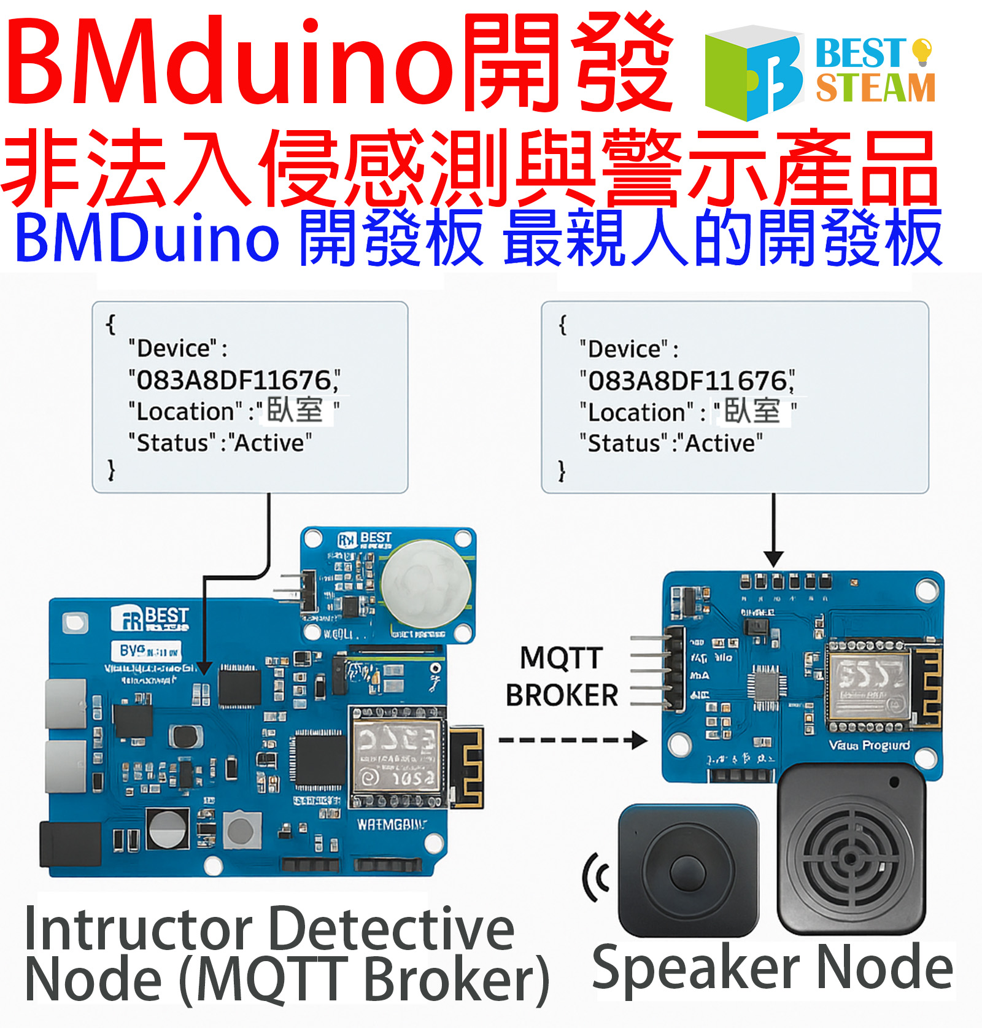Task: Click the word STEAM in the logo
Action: tap(875, 88)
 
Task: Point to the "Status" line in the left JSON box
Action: tap(220, 443)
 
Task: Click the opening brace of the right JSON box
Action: tap(562, 323)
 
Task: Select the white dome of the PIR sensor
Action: tap(426, 582)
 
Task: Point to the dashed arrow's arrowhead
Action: tap(640, 740)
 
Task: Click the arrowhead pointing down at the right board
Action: tap(773, 558)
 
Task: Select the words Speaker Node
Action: tap(772, 968)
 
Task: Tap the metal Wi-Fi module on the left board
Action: tap(396, 758)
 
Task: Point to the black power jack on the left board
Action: tap(69, 844)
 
